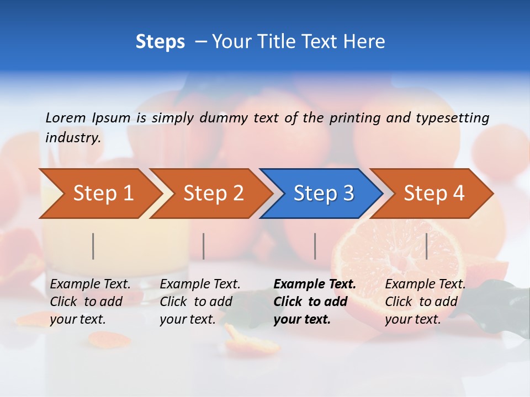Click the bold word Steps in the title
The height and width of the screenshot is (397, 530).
[160, 42]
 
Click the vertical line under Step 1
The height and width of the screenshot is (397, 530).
[93, 246]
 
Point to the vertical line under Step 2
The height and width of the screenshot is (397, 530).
[204, 246]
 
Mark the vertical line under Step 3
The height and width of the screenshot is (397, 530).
[315, 246]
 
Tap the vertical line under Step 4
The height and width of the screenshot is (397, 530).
[427, 246]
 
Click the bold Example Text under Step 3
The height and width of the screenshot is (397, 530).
[315, 285]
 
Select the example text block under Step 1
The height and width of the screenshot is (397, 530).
[90, 302]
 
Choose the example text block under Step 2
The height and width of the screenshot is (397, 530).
[200, 302]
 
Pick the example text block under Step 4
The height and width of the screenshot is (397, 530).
[425, 302]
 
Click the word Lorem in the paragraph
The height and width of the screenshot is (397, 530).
[66, 118]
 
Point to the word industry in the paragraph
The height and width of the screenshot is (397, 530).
[72, 138]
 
